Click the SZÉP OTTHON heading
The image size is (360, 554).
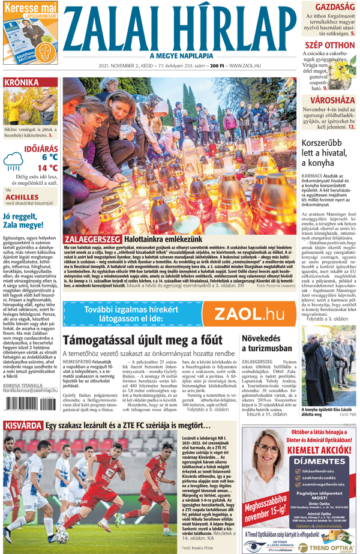click(329, 44)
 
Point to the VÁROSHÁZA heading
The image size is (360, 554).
click(330, 100)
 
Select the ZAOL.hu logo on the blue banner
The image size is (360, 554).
click(249, 313)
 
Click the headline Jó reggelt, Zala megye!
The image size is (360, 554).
click(27, 220)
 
